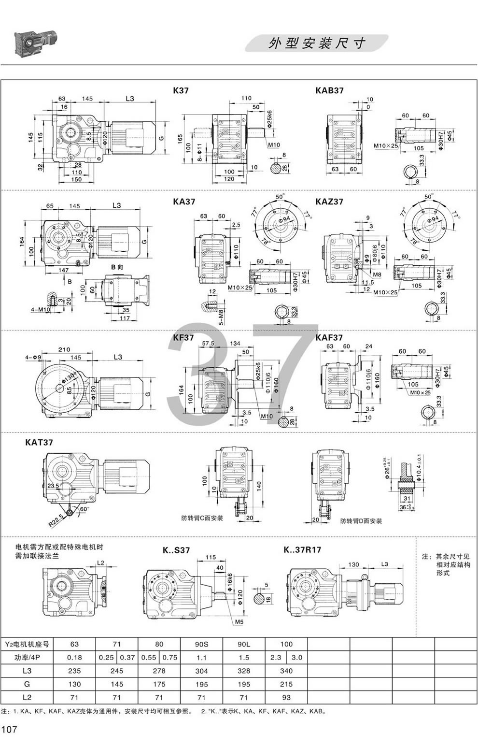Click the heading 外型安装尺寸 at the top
(317, 43)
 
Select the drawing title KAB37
(329, 90)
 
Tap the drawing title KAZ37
(329, 201)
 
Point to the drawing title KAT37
(39, 442)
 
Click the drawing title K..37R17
(302, 549)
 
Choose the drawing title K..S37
(176, 550)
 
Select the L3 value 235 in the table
(74, 671)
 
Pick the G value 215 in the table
(286, 684)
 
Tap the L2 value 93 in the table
(286, 698)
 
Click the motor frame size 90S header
(201, 644)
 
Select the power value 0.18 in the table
(74, 657)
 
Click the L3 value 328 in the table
(244, 671)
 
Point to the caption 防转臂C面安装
(202, 518)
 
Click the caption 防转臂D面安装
(361, 521)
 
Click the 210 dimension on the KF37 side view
(64, 349)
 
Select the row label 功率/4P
(27, 657)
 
